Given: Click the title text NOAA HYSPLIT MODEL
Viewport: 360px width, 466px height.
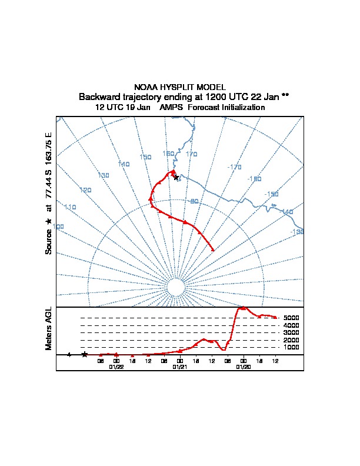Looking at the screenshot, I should pyautogui.click(x=180, y=87).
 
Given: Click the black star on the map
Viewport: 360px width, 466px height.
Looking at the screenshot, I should pyautogui.click(x=176, y=177).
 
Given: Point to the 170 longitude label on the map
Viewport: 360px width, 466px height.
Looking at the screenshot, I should pyautogui.click(x=191, y=154).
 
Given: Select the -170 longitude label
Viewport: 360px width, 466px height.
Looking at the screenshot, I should pyautogui.click(x=234, y=167).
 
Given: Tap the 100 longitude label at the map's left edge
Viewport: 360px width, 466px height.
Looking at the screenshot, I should pyautogui.click(x=58, y=227).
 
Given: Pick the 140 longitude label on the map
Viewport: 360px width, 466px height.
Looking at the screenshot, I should pyautogui.click(x=124, y=164).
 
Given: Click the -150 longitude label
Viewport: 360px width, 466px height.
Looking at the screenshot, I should pyautogui.click(x=271, y=194).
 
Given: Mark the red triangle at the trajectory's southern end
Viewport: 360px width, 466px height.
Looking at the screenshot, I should pyautogui.click(x=212, y=249).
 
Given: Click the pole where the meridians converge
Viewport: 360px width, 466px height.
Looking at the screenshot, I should pyautogui.click(x=175, y=287).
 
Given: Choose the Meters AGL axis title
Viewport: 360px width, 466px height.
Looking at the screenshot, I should pyautogui.click(x=49, y=329).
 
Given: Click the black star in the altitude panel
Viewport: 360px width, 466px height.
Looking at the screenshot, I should pyautogui.click(x=85, y=354).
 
